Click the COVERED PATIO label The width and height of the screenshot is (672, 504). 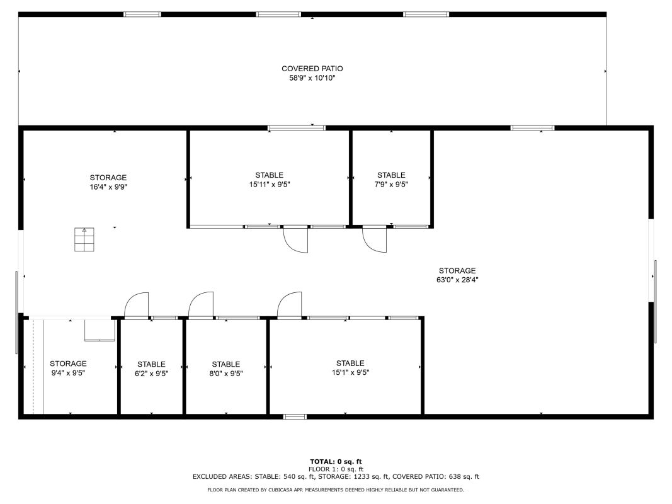pyautogui.click(x=312, y=69)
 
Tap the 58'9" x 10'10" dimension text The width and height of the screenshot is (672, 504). pyautogui.click(x=312, y=78)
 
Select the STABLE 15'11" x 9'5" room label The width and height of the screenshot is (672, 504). pyautogui.click(x=270, y=180)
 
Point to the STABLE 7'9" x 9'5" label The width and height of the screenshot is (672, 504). pyautogui.click(x=391, y=180)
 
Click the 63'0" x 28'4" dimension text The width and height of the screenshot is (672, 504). pyautogui.click(x=457, y=280)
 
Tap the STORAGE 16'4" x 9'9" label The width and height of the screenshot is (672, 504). pyautogui.click(x=108, y=182)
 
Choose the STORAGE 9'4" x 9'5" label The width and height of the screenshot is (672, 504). pyautogui.click(x=68, y=368)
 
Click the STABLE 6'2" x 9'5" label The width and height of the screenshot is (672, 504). pyautogui.click(x=151, y=369)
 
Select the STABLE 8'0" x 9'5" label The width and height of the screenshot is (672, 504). pyautogui.click(x=226, y=369)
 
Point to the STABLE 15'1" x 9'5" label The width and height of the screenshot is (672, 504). pyautogui.click(x=351, y=368)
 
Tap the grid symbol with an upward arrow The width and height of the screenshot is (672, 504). pyautogui.click(x=84, y=239)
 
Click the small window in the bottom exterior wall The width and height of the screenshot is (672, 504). pyautogui.click(x=295, y=416)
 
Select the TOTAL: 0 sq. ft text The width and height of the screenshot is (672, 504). pyautogui.click(x=336, y=462)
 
